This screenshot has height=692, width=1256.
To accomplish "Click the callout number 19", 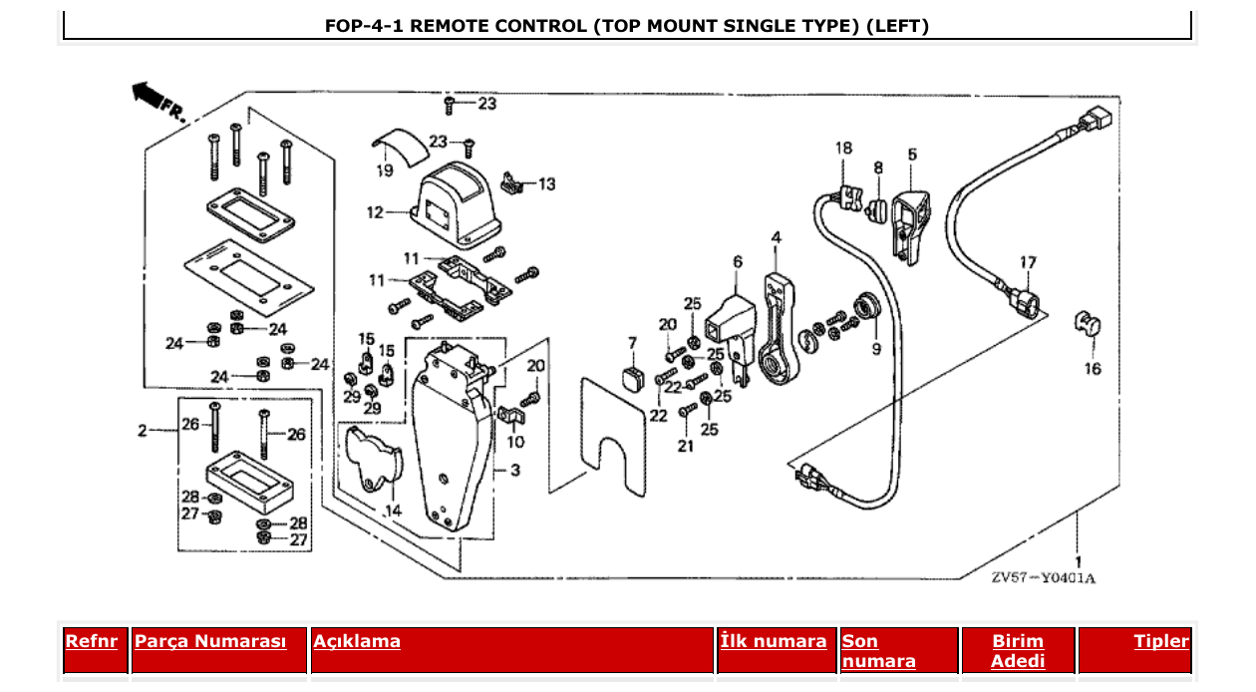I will pos(385,172).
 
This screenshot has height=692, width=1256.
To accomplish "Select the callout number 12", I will pos(375,212).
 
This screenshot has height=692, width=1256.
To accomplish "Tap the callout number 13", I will pos(546,184).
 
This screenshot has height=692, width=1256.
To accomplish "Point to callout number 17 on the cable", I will pos(1028,262).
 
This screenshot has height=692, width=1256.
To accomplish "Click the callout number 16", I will pos(1093,369).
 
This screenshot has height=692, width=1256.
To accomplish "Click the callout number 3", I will pos(514,470).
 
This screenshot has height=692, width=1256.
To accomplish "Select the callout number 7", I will pos(631,344).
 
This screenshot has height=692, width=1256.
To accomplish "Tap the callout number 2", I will pos(142,431).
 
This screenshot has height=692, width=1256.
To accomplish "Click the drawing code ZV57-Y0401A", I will pos(1043,578).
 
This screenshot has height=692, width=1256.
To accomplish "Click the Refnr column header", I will pos(91,641).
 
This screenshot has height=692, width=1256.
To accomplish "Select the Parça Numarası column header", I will pos(210,641).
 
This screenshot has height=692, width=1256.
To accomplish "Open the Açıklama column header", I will pos(357,641).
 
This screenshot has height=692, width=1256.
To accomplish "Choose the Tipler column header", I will pos(1161,641).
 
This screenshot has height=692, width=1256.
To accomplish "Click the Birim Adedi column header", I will pos(1018,651).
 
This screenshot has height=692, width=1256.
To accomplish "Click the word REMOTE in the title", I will pos(448,26).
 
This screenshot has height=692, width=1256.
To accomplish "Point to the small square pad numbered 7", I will pos(632,379).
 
